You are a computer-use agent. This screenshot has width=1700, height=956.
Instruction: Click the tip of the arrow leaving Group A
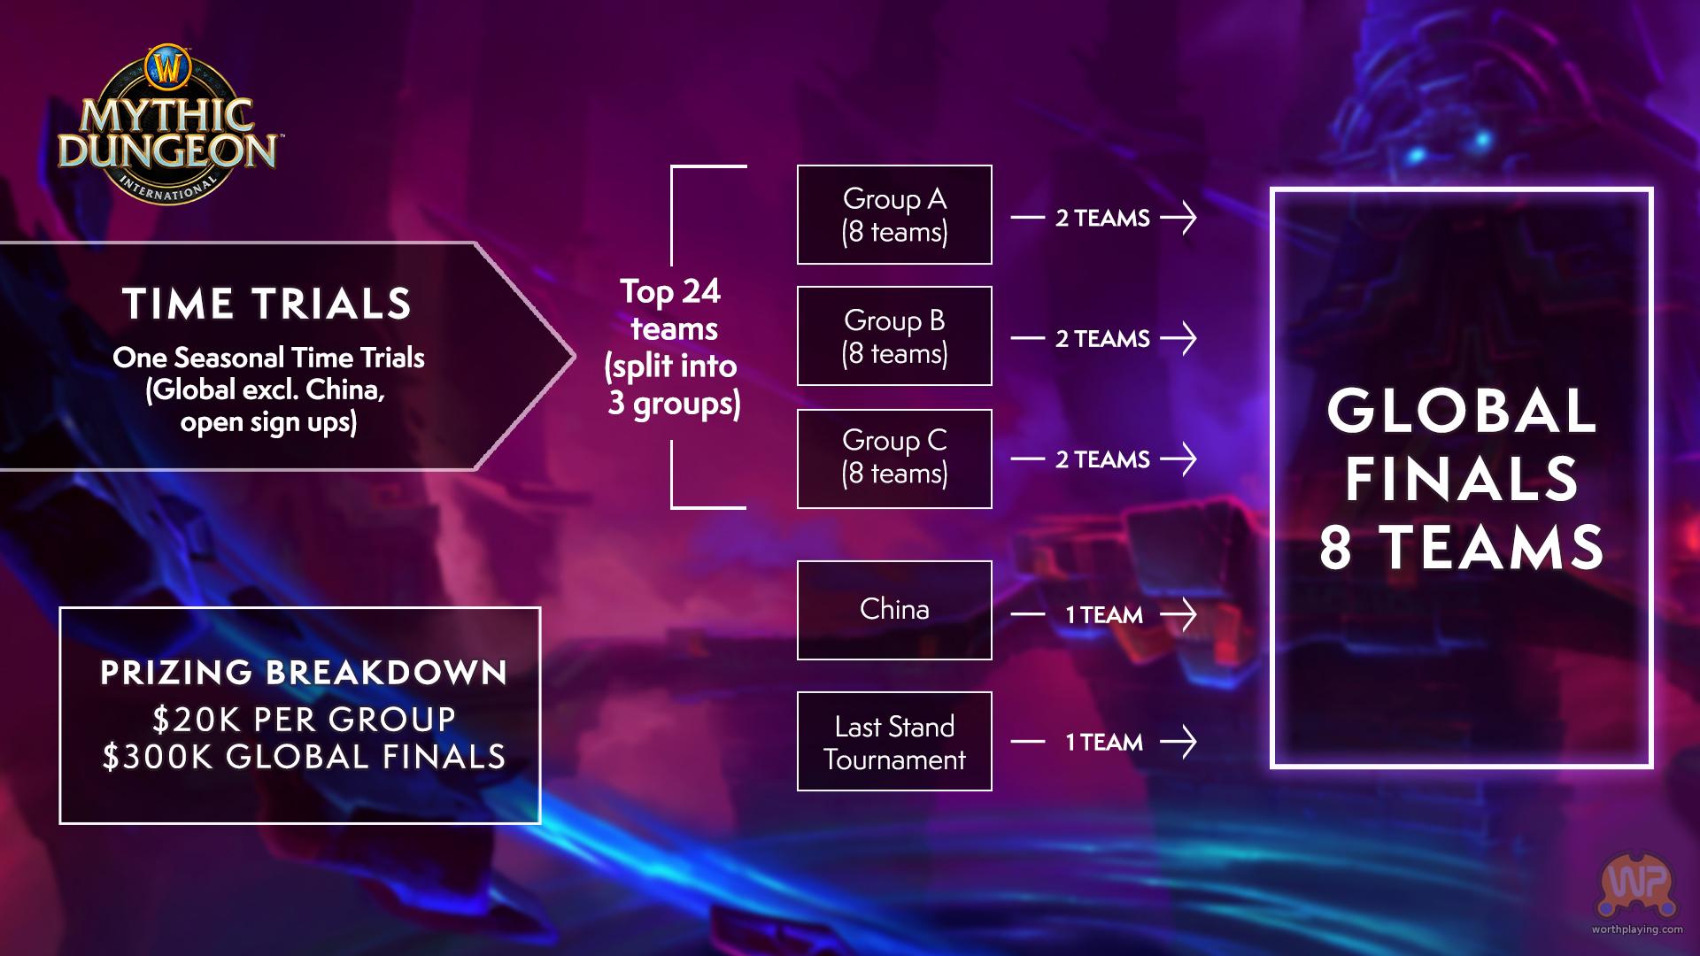click(1196, 217)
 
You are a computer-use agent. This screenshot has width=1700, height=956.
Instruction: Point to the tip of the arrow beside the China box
click(1196, 614)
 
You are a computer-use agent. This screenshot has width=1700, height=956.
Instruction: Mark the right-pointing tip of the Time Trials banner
click(576, 356)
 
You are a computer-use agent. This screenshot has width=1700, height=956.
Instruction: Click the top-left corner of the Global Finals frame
click(1272, 189)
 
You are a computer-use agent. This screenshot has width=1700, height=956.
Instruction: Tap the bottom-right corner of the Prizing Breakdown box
click(539, 823)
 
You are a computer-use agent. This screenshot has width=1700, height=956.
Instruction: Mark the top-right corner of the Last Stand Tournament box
click(992, 692)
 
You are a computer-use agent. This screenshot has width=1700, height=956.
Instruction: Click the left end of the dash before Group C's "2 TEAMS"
click(1012, 459)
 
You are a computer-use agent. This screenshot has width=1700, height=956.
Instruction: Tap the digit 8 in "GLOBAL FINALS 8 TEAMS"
click(1336, 547)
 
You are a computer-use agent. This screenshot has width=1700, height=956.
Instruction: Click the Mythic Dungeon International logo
click(168, 124)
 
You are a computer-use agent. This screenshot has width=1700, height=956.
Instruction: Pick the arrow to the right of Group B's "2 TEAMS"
click(1178, 338)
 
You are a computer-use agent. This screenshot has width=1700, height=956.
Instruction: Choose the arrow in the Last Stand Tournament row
click(1178, 742)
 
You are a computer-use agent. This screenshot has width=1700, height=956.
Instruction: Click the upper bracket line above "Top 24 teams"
click(708, 166)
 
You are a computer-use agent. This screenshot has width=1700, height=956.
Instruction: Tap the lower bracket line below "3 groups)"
click(708, 508)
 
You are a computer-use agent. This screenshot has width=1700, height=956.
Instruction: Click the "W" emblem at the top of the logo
click(168, 66)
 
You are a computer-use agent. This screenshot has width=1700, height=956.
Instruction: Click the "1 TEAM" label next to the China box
click(1103, 615)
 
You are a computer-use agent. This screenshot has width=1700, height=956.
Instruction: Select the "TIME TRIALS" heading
click(267, 304)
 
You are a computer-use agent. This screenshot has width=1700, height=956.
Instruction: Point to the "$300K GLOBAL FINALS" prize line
click(304, 758)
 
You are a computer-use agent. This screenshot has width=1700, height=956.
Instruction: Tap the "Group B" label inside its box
click(894, 320)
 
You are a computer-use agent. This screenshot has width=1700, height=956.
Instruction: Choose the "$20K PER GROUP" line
click(304, 720)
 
